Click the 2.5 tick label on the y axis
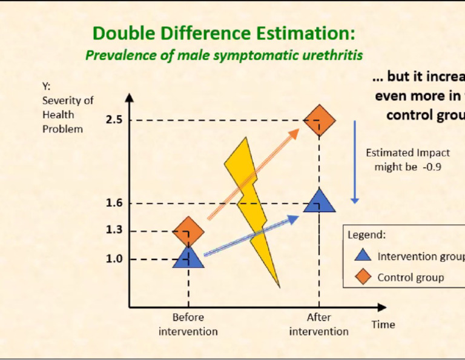coord(114,120)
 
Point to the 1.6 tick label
coord(114,203)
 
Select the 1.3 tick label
coord(114,230)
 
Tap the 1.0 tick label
coord(114,259)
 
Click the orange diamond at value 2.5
coord(319,121)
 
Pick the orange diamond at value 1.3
coord(189,232)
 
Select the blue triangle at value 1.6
coord(319,201)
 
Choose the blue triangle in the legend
coord(363,255)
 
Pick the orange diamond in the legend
coord(363,278)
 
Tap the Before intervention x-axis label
coord(188,324)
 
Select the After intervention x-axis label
coord(319,324)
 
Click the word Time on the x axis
coord(383,325)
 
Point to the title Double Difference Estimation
coord(224,33)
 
